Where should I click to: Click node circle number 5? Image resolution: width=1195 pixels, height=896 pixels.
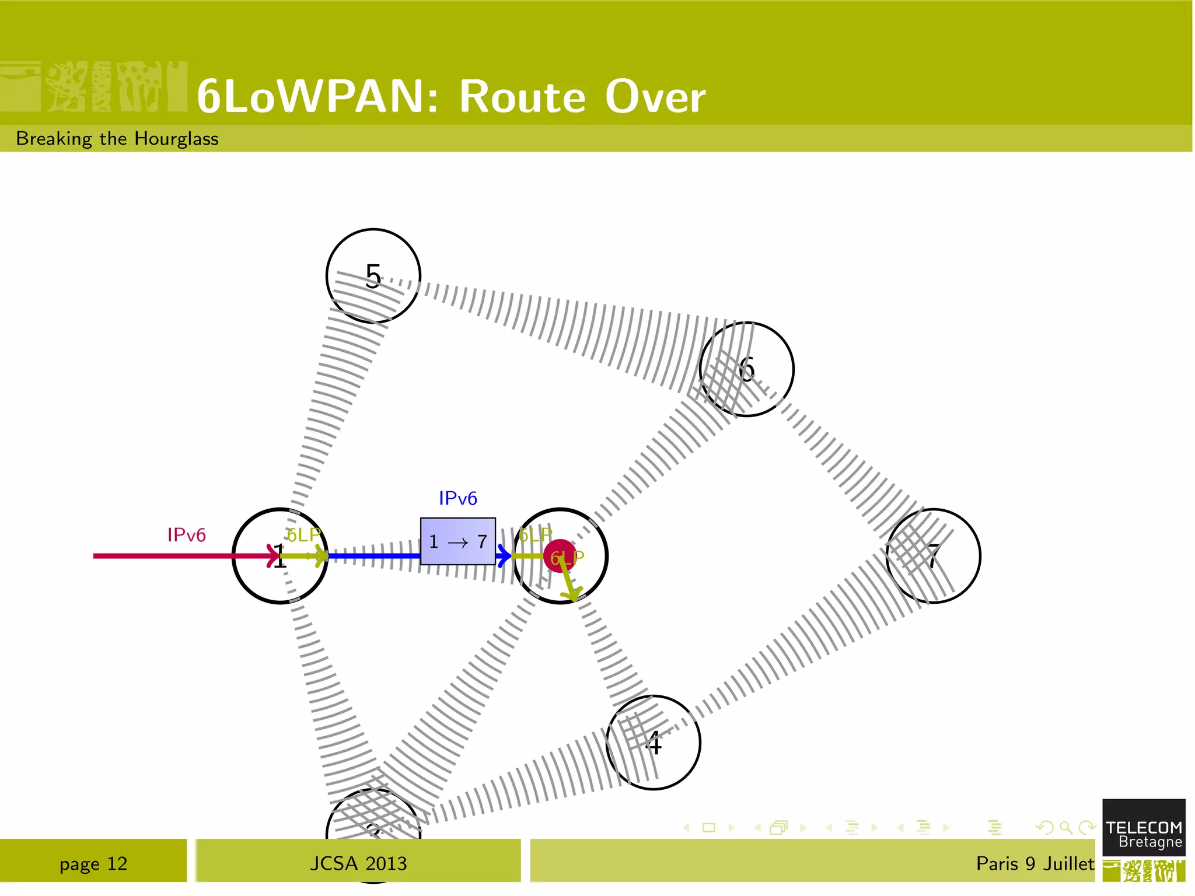point(373,276)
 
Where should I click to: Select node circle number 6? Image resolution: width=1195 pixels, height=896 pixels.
point(746,369)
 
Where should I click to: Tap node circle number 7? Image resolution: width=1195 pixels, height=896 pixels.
point(933,556)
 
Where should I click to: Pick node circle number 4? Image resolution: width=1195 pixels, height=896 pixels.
point(654,743)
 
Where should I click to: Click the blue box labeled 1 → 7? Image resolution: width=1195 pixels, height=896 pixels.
point(458,541)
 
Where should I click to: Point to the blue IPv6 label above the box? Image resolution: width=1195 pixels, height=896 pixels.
point(458,499)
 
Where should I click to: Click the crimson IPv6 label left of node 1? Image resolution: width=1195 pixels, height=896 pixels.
point(186,535)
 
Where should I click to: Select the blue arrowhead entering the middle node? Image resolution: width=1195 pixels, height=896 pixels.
point(504,556)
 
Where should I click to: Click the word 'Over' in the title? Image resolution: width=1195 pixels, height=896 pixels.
point(655,96)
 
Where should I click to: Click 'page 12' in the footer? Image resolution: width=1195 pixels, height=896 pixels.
point(93,863)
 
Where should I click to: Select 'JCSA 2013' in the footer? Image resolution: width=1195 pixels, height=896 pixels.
point(358,863)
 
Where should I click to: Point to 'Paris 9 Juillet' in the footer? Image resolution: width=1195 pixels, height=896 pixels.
point(1035,863)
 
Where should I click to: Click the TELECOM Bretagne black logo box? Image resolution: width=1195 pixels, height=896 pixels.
point(1144,828)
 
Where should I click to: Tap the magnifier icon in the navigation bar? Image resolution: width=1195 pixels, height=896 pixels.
point(1065,827)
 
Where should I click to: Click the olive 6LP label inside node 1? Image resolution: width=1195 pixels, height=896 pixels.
point(303,535)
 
